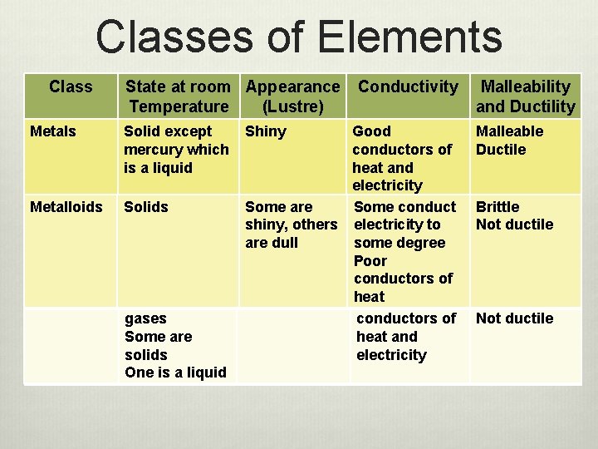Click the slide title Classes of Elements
click(x=299, y=37)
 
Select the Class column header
click(x=71, y=86)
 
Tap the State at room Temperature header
click(x=178, y=96)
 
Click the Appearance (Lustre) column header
click(x=292, y=96)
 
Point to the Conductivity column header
click(x=408, y=86)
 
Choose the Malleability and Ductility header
click(x=526, y=96)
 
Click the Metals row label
click(x=52, y=131)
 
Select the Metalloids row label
click(x=66, y=207)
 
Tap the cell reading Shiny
click(x=266, y=131)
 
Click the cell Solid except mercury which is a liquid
click(x=176, y=150)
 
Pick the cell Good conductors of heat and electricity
click(x=402, y=158)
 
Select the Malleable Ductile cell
click(x=509, y=141)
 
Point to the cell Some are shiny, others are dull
click(x=291, y=224)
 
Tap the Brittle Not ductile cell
click(x=514, y=215)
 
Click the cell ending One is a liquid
click(x=175, y=345)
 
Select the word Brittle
click(x=498, y=207)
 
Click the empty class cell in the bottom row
click(x=71, y=345)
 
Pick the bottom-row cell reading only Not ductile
click(x=514, y=318)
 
